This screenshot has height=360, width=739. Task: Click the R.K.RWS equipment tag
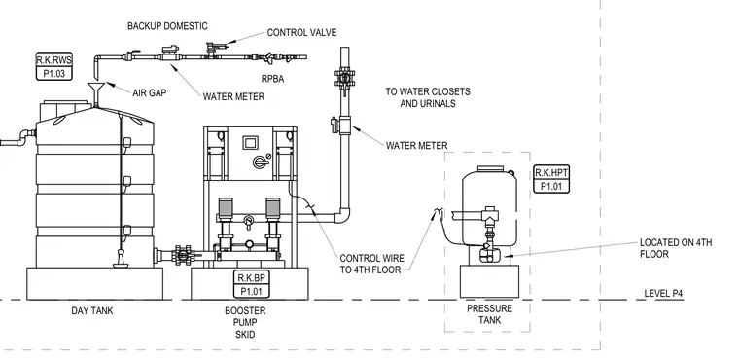point(54,66)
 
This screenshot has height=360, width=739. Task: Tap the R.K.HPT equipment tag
point(551,179)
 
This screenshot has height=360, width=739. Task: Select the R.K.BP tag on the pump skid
point(251,284)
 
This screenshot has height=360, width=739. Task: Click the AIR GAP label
point(150,93)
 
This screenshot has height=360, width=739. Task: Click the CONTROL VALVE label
point(301,32)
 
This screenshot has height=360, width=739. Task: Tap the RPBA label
point(273,79)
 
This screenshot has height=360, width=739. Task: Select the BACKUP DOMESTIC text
point(167,26)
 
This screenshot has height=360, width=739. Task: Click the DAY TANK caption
point(92,311)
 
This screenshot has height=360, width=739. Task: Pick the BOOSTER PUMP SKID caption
point(245,323)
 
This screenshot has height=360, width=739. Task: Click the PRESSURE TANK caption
point(489,314)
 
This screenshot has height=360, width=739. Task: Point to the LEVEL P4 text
point(663,294)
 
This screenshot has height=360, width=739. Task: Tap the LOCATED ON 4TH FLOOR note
point(676,248)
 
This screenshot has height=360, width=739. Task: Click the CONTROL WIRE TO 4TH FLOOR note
point(371,265)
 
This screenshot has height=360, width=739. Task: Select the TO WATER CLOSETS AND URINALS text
point(428,97)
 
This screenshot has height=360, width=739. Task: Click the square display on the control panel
point(250,142)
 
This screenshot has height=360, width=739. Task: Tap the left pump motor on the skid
point(226,206)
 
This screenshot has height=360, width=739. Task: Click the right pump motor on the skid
point(273,206)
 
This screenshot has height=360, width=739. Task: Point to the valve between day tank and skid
point(182,255)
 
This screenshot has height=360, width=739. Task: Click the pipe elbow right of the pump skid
point(342,216)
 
